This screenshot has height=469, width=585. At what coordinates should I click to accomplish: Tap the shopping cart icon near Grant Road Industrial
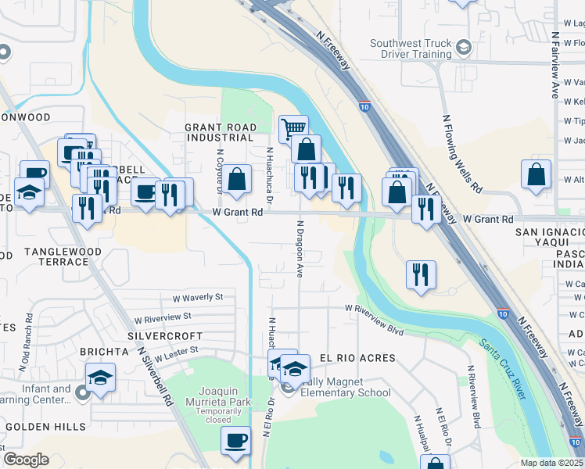pos(293,127)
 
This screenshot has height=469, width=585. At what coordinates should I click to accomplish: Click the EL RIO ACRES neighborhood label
pos(357,358)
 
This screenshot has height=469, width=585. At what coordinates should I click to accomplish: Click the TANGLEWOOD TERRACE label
pos(56,256)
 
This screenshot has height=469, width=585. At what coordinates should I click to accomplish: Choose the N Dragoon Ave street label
pos(300,249)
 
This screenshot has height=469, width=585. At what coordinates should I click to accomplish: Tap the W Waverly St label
pos(198,298)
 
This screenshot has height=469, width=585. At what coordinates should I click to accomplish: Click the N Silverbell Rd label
pos(155,375)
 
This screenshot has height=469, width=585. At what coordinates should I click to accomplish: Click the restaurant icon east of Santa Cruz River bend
pos(421,274)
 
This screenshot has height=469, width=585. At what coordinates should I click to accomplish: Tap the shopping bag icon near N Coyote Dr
pos(238,178)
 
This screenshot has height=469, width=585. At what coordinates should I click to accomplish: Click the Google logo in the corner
pos(26,459)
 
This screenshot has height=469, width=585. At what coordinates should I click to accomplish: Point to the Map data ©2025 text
pos(552,463)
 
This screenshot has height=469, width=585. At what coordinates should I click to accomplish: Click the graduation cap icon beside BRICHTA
pos(100,378)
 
